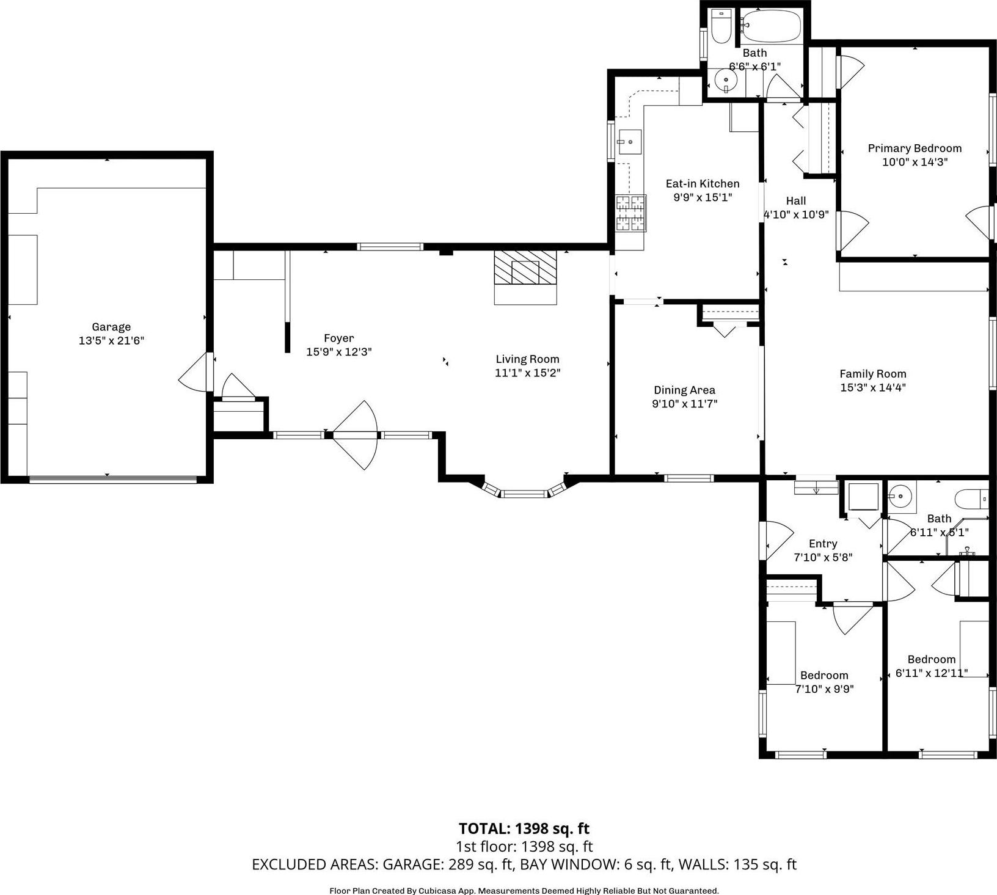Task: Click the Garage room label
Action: tap(111, 327)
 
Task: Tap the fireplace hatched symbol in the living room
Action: tap(525, 267)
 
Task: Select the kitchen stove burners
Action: tap(630, 213)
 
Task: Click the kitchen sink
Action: tap(629, 142)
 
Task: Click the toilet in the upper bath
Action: tap(721, 26)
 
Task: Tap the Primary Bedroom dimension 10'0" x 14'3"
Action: tap(915, 162)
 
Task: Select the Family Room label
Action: tap(872, 373)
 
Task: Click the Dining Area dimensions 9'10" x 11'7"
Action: tap(684, 403)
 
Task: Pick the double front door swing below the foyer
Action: tap(356, 435)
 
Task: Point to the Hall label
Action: tap(795, 200)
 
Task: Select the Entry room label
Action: tap(822, 543)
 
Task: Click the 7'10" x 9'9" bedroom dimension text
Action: tap(824, 689)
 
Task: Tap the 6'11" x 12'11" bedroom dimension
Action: tap(931, 673)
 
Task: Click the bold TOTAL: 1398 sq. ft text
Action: tap(524, 828)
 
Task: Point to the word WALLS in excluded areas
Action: tap(704, 864)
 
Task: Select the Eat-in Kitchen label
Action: tap(702, 183)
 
